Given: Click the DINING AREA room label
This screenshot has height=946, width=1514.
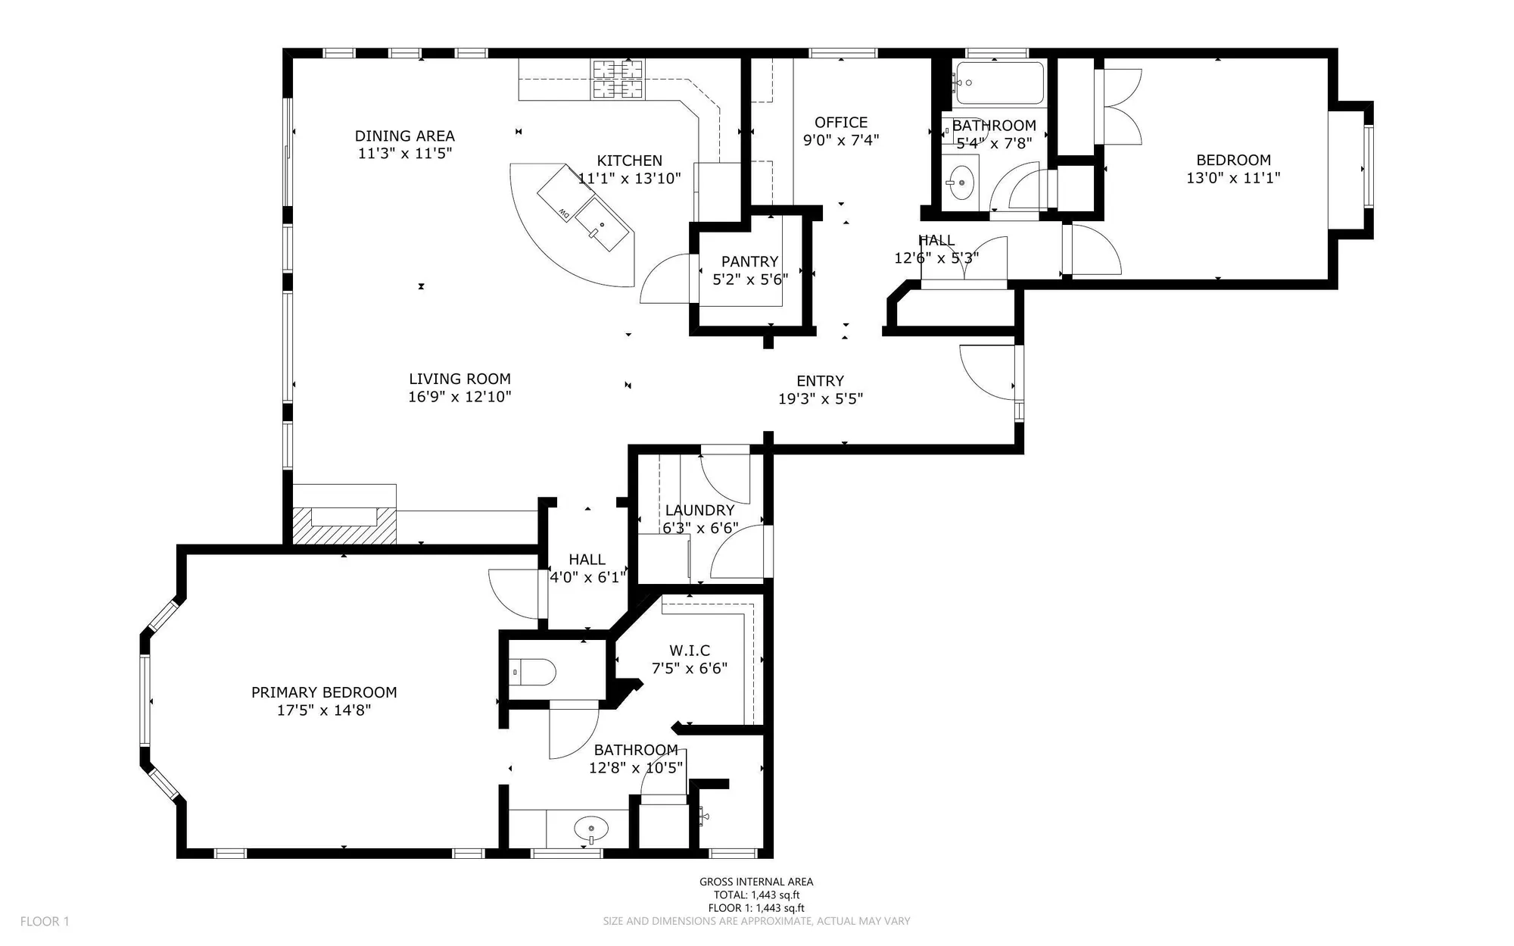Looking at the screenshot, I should click(404, 136).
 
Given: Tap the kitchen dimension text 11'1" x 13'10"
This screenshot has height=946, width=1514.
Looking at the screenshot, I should click(629, 179).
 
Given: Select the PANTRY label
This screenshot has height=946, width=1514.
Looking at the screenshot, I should click(749, 261).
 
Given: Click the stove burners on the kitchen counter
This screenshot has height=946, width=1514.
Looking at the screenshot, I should click(617, 80).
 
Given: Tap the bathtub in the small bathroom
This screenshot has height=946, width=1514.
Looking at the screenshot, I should click(999, 83).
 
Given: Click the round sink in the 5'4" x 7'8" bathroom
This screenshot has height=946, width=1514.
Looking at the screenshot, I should click(961, 183).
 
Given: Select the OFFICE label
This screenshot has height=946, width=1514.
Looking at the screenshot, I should click(840, 122).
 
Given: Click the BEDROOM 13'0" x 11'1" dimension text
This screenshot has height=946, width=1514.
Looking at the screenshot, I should click(1232, 178).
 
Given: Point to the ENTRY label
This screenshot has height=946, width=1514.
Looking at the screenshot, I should click(820, 381).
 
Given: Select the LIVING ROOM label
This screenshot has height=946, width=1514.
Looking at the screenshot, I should click(459, 379).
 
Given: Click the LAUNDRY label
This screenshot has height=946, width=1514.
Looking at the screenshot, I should click(699, 510).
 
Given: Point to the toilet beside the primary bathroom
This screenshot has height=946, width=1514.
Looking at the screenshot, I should click(534, 672).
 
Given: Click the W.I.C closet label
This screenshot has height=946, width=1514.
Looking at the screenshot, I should click(689, 651).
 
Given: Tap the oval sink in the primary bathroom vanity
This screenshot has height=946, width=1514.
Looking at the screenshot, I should click(590, 827).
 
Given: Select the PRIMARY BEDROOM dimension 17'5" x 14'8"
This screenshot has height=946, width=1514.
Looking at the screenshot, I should click(324, 710).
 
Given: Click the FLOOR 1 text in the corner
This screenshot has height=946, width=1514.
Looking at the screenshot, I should click(45, 922).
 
